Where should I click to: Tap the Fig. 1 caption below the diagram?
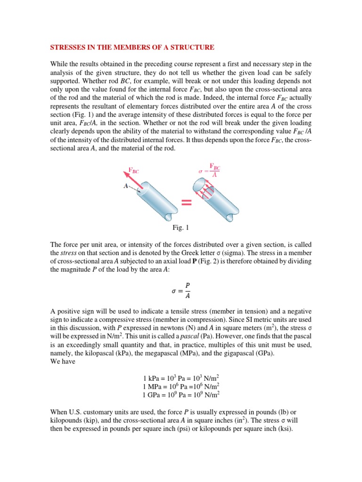tap(181, 228)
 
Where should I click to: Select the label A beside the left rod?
tap(126, 186)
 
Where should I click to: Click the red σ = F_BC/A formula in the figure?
tap(210, 170)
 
